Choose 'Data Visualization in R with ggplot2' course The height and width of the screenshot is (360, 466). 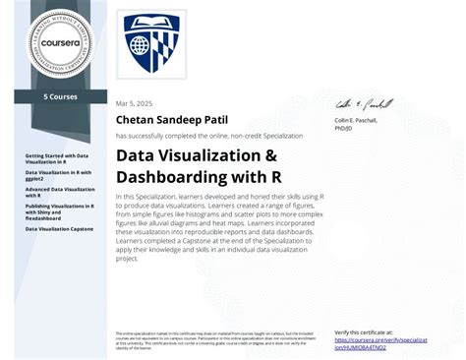[x=58, y=175]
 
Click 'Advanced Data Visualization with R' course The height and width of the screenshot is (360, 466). [x=58, y=191]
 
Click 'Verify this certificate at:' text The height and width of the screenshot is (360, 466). [x=365, y=332]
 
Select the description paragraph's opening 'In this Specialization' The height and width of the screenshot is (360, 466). [x=146, y=198]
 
